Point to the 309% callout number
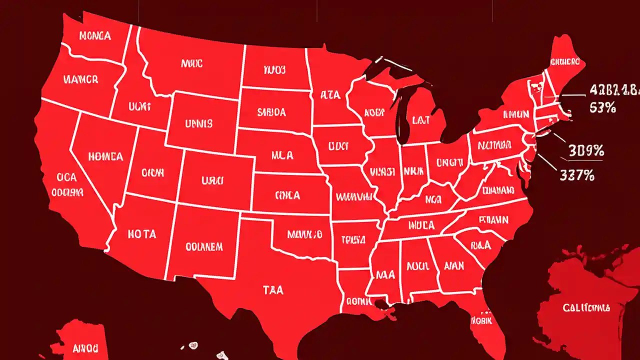tap(586, 150)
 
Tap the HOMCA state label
tap(105, 156)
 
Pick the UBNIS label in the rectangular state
tap(198, 122)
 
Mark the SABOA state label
tap(271, 112)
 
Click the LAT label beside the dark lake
tap(421, 119)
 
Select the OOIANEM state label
tap(203, 246)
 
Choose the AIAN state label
tap(453, 265)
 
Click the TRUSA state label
tap(353, 239)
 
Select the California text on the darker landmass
tap(586, 307)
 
